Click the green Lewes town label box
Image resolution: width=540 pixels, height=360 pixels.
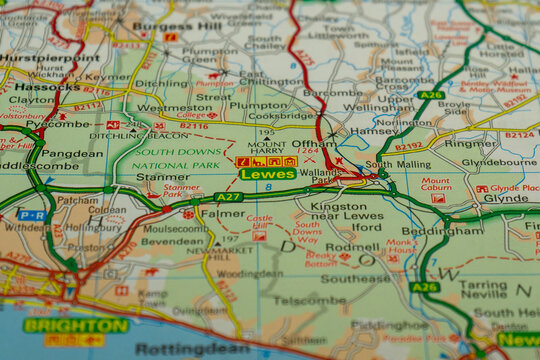tap(267, 174)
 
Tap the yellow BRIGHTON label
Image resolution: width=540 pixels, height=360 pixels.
tap(76, 325)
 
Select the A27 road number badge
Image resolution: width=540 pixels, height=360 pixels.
tap(229, 197)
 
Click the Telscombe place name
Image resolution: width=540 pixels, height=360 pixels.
tap(310, 299)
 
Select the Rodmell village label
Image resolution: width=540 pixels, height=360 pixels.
tap(352, 247)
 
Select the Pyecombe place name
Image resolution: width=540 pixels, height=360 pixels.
tap(66, 124)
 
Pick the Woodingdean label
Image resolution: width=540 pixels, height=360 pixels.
tap(250, 273)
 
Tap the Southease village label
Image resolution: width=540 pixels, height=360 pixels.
tap(355, 279)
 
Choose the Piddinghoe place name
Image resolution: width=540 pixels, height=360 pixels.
tap(389, 325)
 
